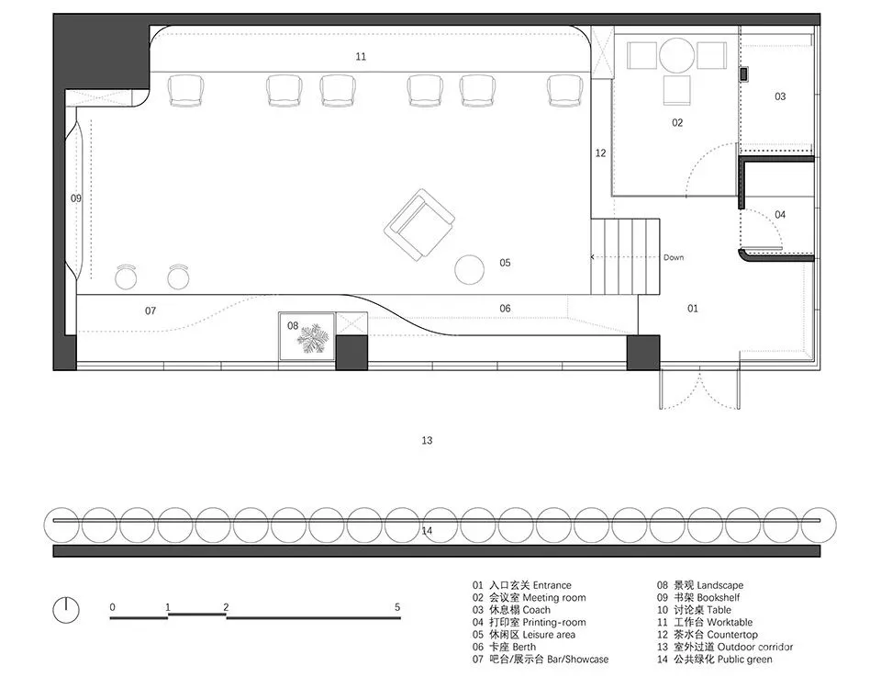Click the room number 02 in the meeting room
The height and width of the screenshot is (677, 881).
point(677,122)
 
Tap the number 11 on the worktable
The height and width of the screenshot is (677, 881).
point(361,56)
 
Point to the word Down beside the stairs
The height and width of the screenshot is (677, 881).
point(674,257)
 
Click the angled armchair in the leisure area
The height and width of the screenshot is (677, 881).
point(419,225)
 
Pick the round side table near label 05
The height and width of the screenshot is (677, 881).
point(469,270)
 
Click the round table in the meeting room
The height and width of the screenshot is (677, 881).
point(677,56)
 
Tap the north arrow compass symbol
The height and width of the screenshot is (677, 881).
point(66,610)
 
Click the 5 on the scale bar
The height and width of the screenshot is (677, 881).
point(397,607)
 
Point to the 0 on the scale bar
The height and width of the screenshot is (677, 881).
point(112,607)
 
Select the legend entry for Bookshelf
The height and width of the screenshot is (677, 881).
point(698,598)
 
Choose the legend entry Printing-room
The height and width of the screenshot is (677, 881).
point(529,623)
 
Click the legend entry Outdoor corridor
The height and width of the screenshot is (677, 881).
point(725,648)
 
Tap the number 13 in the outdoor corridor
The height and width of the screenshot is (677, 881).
point(427,440)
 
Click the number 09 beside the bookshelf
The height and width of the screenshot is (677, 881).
point(76,197)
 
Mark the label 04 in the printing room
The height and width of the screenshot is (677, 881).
point(780,214)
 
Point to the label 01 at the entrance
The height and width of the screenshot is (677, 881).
point(693,308)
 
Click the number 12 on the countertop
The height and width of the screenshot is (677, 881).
point(600,152)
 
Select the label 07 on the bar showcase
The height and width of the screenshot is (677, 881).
point(151,310)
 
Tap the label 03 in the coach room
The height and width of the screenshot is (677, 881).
point(780,96)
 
